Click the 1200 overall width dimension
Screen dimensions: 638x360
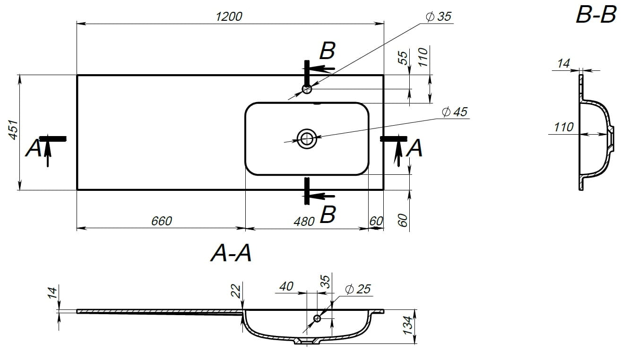click(229, 17)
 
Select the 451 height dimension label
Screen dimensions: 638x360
click(13, 130)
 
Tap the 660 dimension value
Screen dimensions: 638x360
click(162, 221)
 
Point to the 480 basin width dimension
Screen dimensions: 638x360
click(304, 222)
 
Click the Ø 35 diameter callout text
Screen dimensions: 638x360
click(439, 17)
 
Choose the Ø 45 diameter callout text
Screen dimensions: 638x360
click(455, 112)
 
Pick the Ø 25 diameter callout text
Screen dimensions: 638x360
click(358, 289)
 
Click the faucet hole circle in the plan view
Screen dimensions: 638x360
click(307, 89)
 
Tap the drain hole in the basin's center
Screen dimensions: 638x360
click(307, 139)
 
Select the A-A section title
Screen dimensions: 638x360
click(231, 253)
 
